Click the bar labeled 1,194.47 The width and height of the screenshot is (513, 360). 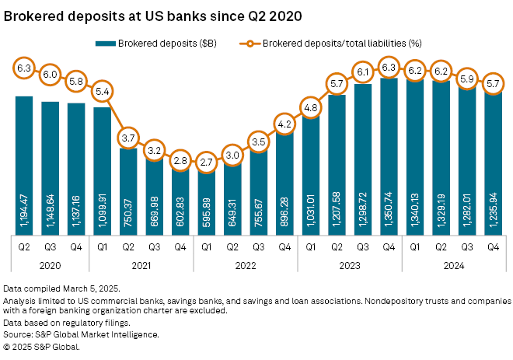24,156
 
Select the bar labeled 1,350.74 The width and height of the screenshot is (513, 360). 389,148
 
